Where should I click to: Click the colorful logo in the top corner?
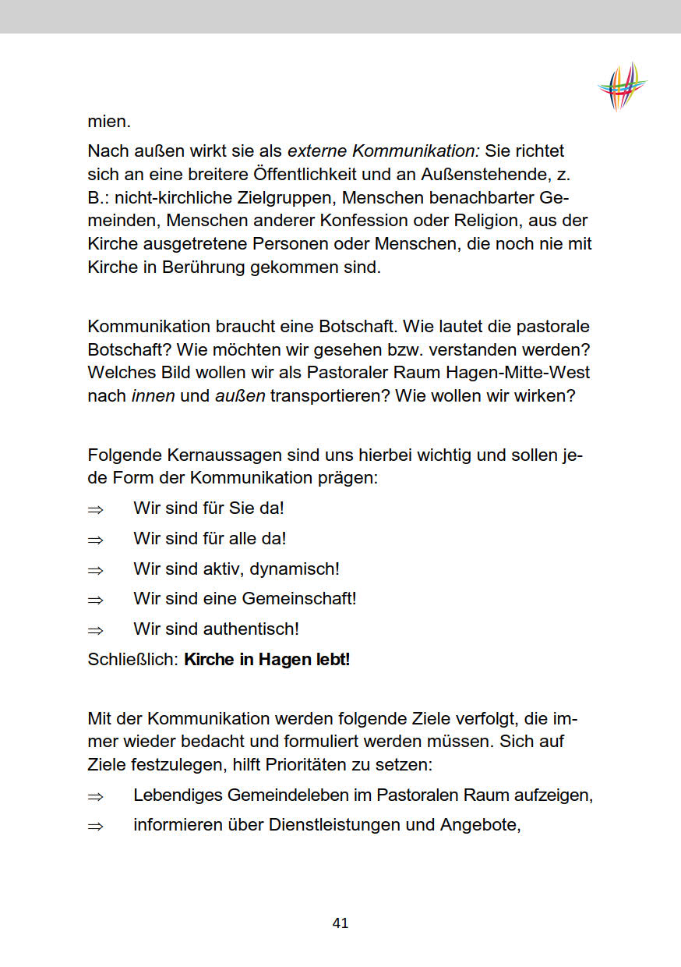coord(623,86)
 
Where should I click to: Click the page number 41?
coord(340,923)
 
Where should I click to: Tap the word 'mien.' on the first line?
coord(109,122)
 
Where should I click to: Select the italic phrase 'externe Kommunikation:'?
coord(384,151)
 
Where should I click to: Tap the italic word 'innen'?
coord(153,396)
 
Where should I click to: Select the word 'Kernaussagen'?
coord(206,455)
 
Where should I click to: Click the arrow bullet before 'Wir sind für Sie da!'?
coord(95,509)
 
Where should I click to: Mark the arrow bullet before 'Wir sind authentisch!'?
coord(95,629)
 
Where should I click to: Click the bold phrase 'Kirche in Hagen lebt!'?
coord(266,660)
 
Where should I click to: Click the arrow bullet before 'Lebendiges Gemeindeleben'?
coord(95,796)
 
